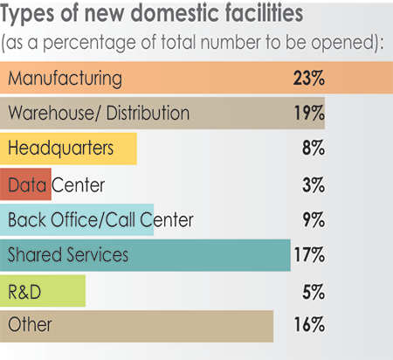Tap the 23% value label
pyautogui.click(x=309, y=79)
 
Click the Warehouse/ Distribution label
pyautogui.click(x=98, y=114)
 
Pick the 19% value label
pyautogui.click(x=309, y=114)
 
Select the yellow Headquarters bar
pyautogui.click(x=70, y=149)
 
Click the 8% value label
pyautogui.click(x=313, y=149)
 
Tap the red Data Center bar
pyautogui.click(x=26, y=184)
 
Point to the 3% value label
pyautogui.click(x=313, y=184)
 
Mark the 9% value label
pyautogui.click(x=313, y=219)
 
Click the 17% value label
pyautogui.click(x=309, y=255)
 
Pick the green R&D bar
pyautogui.click(x=44, y=290)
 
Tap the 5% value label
pyautogui.click(x=313, y=290)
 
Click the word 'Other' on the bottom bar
pyautogui.click(x=30, y=326)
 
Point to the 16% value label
pyautogui.click(x=309, y=326)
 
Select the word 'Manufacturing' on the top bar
pyautogui.click(x=65, y=79)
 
